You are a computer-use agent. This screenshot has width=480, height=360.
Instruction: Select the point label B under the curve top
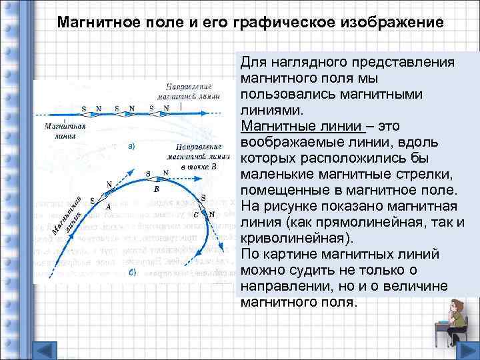[x=157, y=189]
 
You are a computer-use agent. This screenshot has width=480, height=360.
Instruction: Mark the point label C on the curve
[x=195, y=215]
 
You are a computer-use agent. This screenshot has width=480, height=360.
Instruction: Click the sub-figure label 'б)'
[x=132, y=273]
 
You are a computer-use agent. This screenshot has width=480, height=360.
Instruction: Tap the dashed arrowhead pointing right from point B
[x=226, y=172]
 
